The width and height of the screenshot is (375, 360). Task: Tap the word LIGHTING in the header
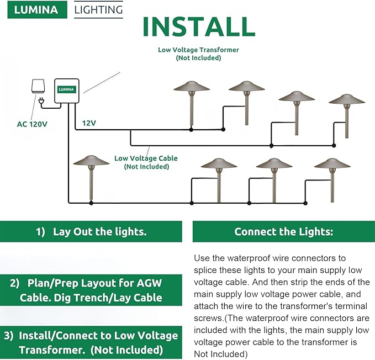[98, 9]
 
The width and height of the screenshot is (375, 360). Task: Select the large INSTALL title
[198, 27]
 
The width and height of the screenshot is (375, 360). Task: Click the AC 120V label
[31, 124]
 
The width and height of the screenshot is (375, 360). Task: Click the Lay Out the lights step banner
[91, 232]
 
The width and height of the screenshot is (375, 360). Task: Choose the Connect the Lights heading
[283, 232]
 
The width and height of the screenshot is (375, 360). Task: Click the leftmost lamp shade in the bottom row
[91, 162]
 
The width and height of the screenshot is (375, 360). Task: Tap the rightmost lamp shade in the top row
[347, 100]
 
